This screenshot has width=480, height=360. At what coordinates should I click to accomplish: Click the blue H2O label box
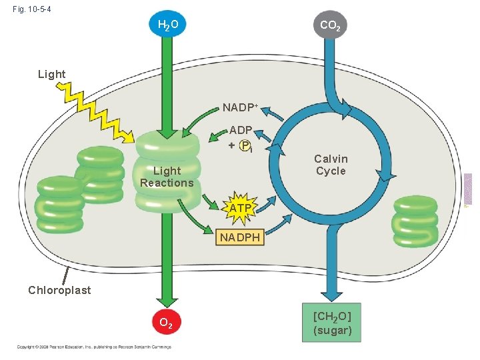click(167, 26)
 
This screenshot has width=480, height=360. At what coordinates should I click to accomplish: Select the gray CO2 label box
click(331, 26)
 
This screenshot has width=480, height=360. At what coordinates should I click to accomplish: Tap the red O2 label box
click(167, 324)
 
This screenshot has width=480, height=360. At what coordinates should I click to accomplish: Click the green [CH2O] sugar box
click(331, 323)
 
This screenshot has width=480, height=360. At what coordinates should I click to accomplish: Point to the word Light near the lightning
click(51, 74)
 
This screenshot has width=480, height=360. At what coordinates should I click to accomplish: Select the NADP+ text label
click(240, 107)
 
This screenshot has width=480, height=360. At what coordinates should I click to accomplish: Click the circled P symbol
click(245, 145)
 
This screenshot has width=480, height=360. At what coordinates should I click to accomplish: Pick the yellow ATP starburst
click(241, 208)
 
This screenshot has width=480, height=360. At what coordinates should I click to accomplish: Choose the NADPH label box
click(241, 237)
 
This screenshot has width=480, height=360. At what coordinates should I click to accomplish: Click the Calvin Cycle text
click(331, 165)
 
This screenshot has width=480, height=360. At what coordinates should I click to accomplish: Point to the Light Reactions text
click(167, 177)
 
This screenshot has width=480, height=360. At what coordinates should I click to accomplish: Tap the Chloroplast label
click(59, 290)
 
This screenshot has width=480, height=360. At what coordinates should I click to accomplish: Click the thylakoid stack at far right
click(415, 221)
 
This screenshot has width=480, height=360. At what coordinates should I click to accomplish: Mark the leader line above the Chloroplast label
click(66, 274)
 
